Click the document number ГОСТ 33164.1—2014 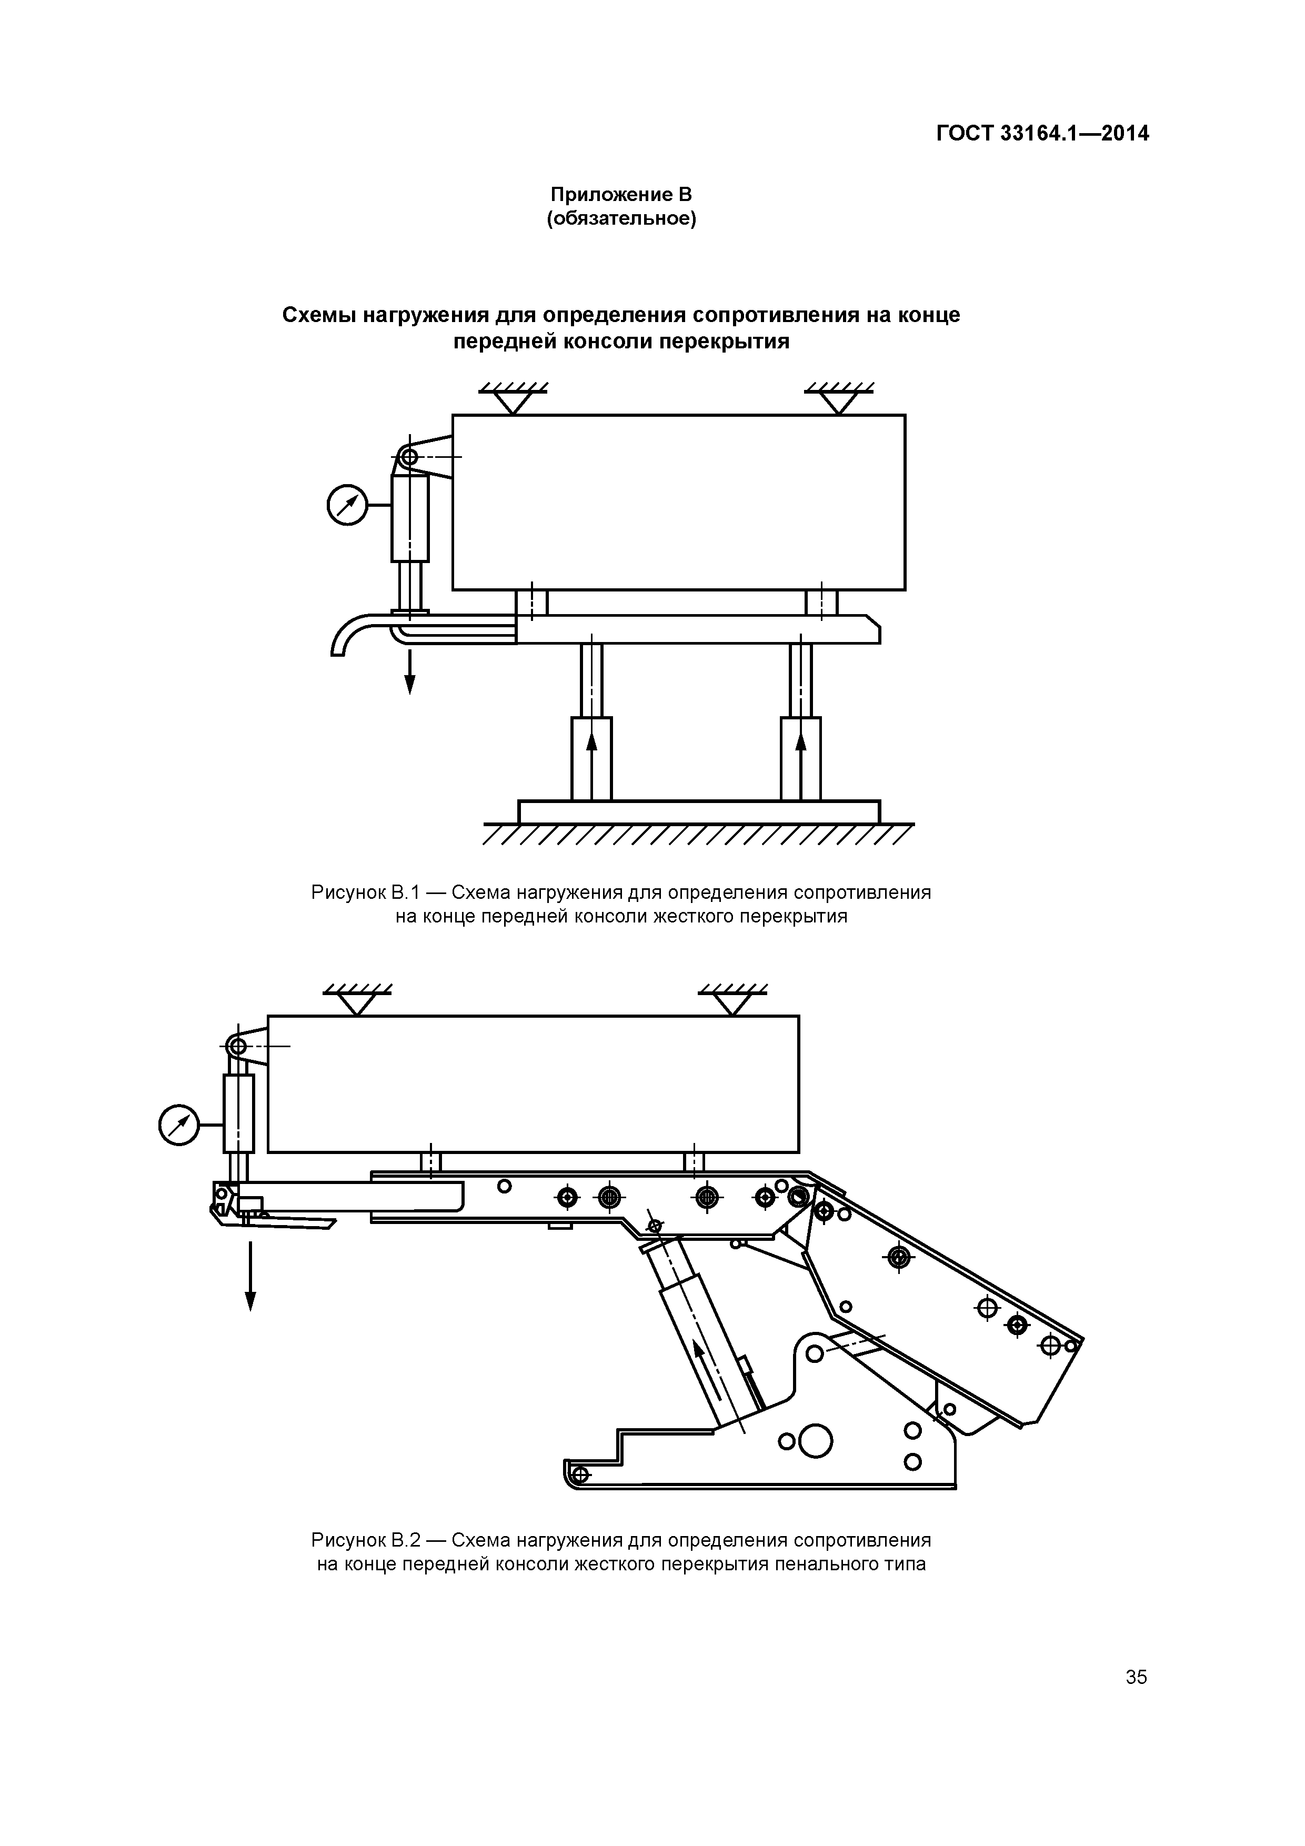pyautogui.click(x=1042, y=134)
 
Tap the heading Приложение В pyautogui.click(x=621, y=195)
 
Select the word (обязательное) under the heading pyautogui.click(x=621, y=219)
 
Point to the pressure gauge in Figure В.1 pyautogui.click(x=347, y=506)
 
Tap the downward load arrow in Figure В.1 pyautogui.click(x=410, y=674)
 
